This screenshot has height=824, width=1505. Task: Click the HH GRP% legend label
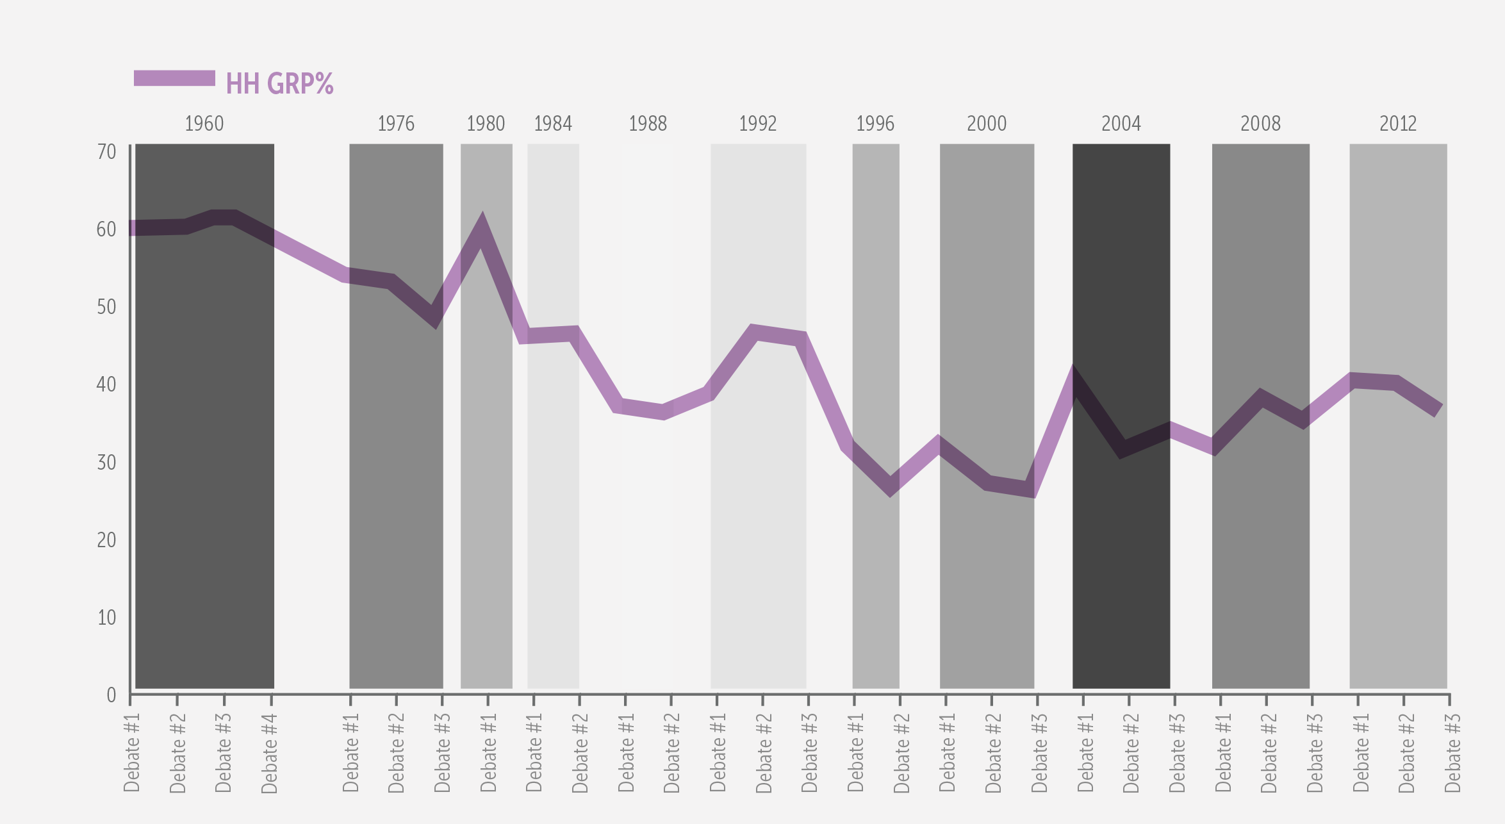(279, 84)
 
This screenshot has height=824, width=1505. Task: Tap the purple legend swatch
(174, 78)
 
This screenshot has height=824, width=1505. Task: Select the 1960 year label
(204, 124)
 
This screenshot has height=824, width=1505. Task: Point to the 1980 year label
(486, 124)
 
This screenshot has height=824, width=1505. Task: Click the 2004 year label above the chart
(1121, 124)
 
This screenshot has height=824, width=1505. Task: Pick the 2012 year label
(1397, 124)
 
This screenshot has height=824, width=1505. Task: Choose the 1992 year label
(757, 124)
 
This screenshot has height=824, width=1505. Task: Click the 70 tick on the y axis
(106, 152)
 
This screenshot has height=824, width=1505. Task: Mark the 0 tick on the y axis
(111, 695)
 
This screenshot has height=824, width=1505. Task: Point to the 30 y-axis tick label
(106, 462)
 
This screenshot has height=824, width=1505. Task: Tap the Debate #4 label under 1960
(270, 754)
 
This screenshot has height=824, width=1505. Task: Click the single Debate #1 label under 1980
(488, 754)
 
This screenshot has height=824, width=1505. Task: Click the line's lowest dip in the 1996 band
(890, 487)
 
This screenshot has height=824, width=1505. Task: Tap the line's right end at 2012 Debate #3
(1438, 410)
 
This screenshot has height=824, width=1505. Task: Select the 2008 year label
(1260, 124)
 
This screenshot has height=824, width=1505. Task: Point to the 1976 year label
(396, 124)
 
